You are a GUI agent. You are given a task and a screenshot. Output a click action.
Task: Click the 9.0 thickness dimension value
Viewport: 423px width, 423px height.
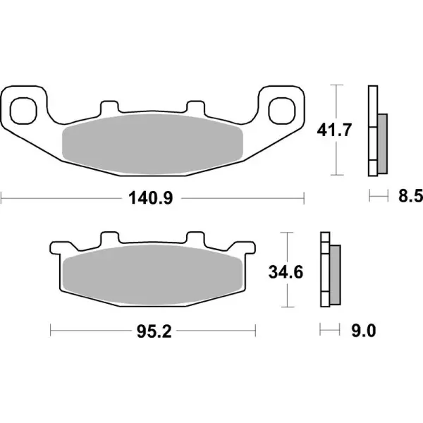point(360,329)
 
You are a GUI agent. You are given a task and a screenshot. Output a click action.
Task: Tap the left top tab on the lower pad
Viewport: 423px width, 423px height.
point(109,239)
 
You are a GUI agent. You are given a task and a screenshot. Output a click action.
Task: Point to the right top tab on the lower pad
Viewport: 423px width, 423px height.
point(195,239)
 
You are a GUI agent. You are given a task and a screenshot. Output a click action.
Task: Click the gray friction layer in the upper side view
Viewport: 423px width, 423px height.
point(382,145)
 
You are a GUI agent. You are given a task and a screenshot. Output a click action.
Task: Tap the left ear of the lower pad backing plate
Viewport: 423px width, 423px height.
point(56,249)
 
